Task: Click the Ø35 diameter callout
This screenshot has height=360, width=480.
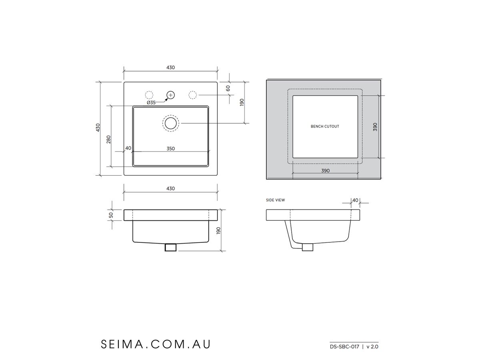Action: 151,103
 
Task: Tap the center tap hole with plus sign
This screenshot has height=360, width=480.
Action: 171,95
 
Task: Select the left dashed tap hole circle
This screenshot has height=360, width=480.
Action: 149,95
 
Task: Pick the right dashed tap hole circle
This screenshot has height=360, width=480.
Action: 192,95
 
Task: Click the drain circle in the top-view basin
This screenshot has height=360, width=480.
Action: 171,123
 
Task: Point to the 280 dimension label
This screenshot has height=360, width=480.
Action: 108,139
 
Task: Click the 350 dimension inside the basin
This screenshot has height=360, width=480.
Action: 170,148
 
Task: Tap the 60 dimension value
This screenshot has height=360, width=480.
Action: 228,88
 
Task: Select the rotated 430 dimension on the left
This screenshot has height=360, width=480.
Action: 98,128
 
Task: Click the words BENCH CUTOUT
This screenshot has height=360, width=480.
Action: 325,126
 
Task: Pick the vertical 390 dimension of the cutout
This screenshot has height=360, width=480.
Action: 375,127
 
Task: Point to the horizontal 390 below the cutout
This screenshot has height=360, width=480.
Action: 325,170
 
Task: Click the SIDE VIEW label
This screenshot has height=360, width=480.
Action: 276,200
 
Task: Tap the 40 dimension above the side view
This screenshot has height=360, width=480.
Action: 355,200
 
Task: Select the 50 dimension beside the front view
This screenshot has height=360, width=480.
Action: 111,215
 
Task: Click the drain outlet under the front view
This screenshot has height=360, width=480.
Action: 171,248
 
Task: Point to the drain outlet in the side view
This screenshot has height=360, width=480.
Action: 307,248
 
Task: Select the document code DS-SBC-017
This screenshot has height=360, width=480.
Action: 344,347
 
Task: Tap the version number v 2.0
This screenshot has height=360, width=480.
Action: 372,347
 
